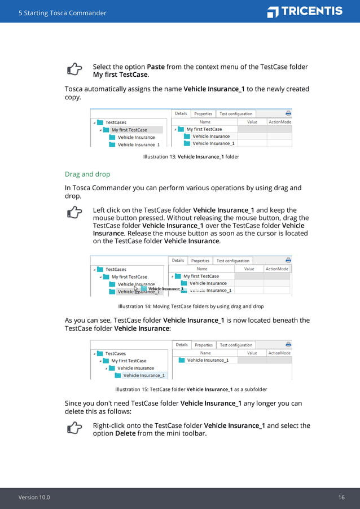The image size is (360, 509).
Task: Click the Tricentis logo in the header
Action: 305,11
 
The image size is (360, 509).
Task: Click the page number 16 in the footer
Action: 341,497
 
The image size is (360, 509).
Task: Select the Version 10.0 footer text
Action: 34,497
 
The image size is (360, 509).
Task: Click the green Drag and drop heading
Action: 87,174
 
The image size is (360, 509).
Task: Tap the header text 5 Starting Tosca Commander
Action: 62,13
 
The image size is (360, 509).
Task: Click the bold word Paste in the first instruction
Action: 156,67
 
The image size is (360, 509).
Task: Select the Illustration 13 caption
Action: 191,157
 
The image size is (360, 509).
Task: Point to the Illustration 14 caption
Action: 191,306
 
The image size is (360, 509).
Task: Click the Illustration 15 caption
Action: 191,389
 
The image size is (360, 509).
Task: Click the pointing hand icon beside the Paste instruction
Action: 74,69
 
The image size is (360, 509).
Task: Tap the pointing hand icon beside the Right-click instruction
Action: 74,429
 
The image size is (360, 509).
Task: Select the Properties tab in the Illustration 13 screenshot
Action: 203,113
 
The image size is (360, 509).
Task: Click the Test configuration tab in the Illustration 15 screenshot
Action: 236,345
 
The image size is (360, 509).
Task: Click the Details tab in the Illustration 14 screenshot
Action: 178,261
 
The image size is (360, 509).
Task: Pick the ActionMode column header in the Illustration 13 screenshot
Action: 279,122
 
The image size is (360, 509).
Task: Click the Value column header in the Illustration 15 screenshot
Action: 252,353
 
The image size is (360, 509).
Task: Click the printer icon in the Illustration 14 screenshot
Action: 288,260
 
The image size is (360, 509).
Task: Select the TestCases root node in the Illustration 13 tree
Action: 116,122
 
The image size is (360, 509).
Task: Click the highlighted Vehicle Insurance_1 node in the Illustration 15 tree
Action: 144,375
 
